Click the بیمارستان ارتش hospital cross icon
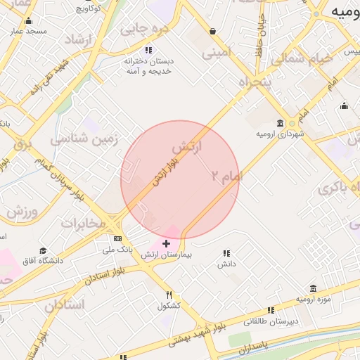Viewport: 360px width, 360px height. coord(166,244)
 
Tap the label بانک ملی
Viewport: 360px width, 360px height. coord(117,249)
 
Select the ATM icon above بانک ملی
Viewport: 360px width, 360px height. coord(117,238)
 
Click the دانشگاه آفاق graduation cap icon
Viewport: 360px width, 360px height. coord(44,251)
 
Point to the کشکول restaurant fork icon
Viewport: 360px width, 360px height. coord(169,295)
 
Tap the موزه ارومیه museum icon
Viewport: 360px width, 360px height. coord(313,288)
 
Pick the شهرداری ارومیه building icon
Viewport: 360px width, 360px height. coord(281,123)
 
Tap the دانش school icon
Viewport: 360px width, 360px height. coord(226,253)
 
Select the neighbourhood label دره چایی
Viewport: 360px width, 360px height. coord(144,29)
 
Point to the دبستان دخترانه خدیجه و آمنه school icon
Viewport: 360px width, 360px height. coord(148,50)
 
